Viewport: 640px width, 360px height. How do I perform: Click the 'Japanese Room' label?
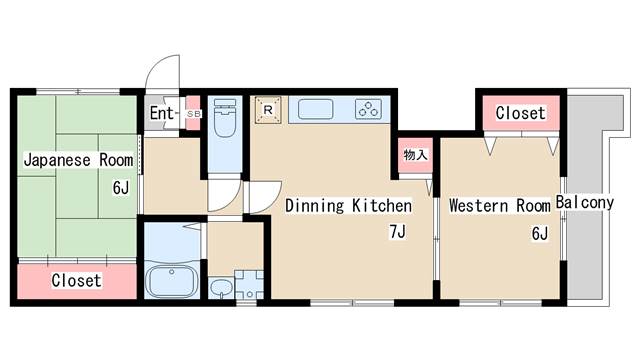78,160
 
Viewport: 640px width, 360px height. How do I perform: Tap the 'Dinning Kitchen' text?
348,206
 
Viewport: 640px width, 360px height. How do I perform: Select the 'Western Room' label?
499,206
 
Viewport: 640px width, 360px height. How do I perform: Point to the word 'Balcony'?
585,203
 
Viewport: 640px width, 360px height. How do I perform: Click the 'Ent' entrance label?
162,113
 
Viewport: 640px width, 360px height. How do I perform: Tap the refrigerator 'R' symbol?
268,108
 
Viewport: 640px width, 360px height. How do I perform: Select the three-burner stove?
369,109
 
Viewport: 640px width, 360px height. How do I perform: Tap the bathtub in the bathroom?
173,278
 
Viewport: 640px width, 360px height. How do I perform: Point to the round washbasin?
220,290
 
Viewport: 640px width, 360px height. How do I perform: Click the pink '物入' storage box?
415,155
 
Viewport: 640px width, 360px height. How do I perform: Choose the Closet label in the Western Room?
520,113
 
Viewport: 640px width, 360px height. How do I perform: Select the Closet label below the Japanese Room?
76,281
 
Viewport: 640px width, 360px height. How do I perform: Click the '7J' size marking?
398,234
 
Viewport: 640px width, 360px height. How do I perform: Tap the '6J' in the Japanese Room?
121,186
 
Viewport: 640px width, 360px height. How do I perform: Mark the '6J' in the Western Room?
539,234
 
